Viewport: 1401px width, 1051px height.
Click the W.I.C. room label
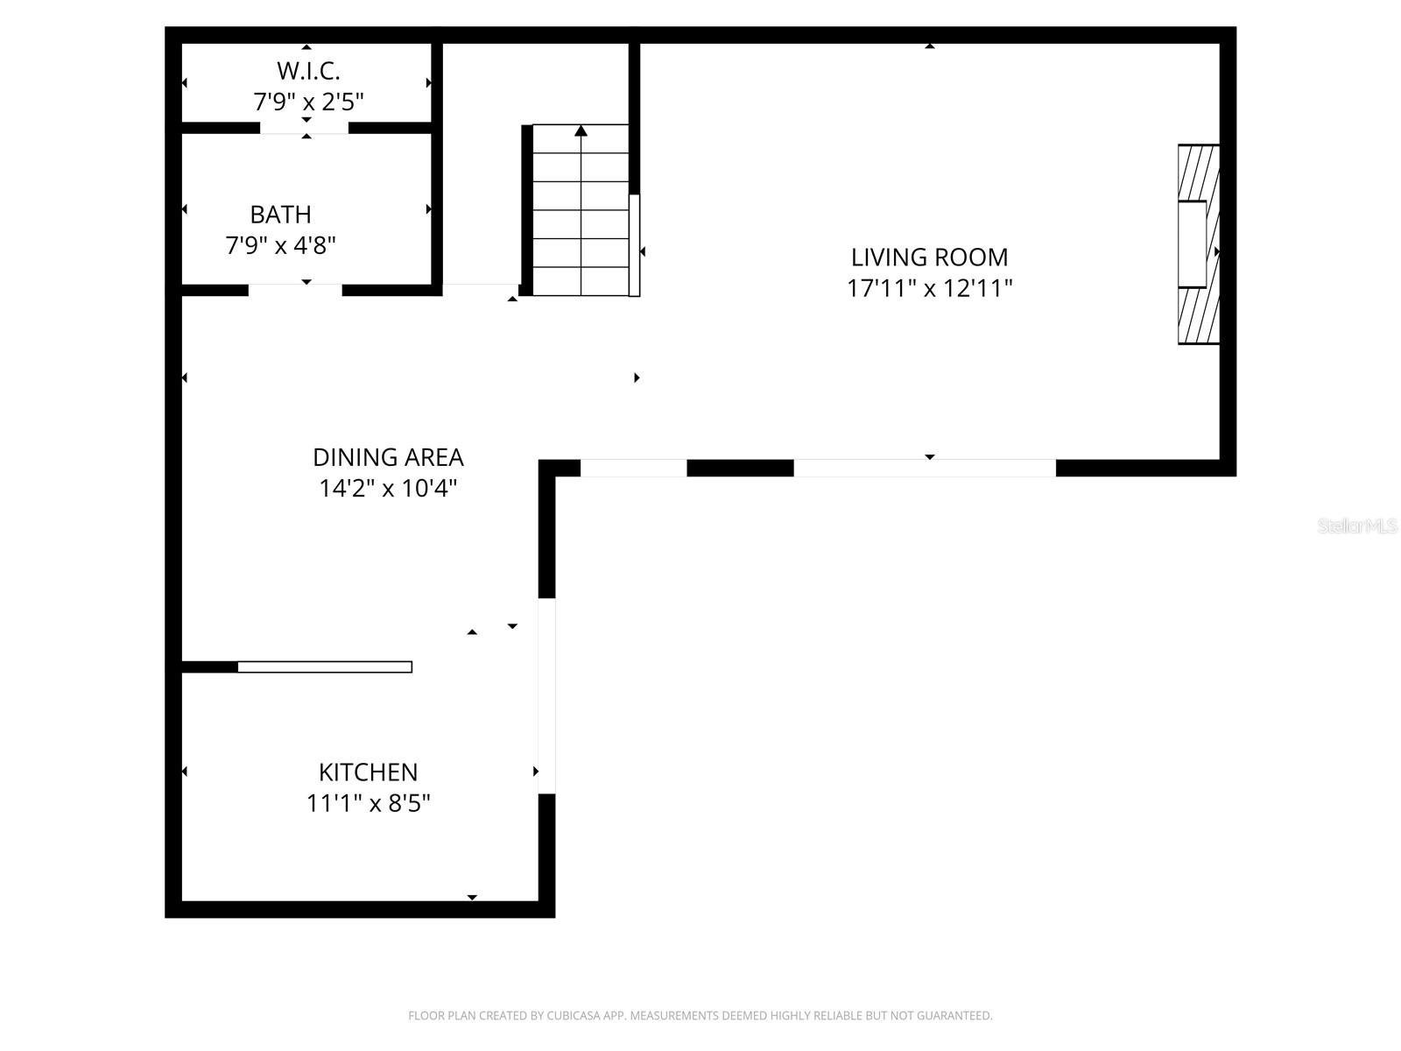click(x=308, y=71)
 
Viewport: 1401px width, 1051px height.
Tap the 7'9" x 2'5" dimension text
click(x=308, y=102)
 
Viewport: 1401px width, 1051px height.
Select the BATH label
click(x=280, y=215)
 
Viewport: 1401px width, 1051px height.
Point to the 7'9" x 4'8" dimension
click(x=280, y=245)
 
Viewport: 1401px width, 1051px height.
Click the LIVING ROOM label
click(x=929, y=257)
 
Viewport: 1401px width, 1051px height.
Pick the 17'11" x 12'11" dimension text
click(x=929, y=288)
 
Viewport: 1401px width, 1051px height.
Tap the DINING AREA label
click(x=388, y=457)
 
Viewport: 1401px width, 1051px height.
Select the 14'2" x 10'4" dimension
click(x=388, y=488)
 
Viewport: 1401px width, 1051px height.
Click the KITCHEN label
click(x=369, y=772)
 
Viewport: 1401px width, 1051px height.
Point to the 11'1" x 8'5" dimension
click(x=369, y=803)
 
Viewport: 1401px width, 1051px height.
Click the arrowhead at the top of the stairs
click(x=581, y=130)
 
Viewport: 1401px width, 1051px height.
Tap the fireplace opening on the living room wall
click(x=1193, y=244)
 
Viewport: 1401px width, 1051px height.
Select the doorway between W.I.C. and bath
click(x=305, y=128)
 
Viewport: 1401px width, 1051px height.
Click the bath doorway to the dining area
click(x=295, y=291)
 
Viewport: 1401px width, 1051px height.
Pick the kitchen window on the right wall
click(x=547, y=696)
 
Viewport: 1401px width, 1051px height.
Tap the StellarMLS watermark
click(x=1357, y=525)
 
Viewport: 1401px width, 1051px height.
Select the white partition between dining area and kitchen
click(x=325, y=667)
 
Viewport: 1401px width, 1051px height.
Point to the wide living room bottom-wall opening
click(x=925, y=468)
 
